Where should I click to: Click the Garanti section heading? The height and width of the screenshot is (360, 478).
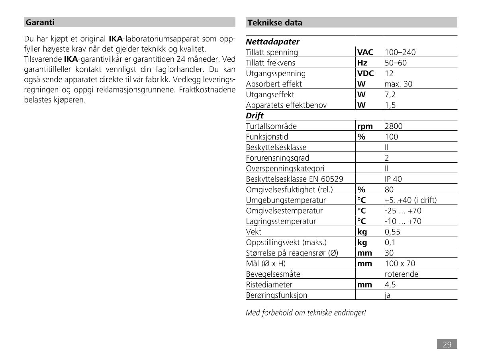[40, 22]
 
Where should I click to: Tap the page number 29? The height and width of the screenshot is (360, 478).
[447, 344]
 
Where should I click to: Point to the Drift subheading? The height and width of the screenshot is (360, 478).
[255, 116]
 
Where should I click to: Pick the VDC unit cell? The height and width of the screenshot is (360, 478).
[365, 73]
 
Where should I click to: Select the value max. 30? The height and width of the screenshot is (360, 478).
[399, 84]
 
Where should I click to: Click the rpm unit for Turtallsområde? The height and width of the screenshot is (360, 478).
[365, 126]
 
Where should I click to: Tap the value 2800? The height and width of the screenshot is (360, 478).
[394, 126]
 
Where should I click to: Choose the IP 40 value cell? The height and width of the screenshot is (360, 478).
[393, 179]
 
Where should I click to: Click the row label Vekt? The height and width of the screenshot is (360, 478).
[254, 232]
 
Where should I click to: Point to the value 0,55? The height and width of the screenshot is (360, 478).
[392, 232]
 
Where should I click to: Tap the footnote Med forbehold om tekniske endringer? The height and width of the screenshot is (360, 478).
[306, 313]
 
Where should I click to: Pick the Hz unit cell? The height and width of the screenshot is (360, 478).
[362, 63]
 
